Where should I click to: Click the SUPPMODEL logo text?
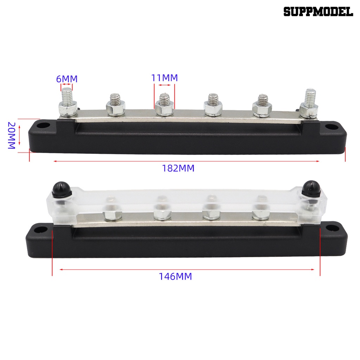coord(318,12)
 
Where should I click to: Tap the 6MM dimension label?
coord(67,79)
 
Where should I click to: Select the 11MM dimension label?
coord(165,78)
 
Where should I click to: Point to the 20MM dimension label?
coord(12,135)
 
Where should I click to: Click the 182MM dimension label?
coord(178,168)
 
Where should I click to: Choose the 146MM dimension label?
coord(175,276)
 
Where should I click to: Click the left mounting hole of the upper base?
coord(45,126)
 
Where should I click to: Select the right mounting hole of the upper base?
coord(331,127)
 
